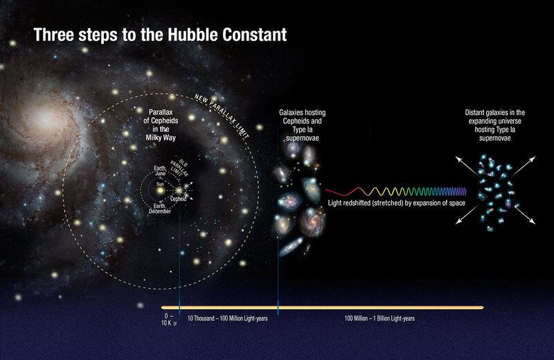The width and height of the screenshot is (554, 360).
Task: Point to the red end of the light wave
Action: [330, 188]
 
